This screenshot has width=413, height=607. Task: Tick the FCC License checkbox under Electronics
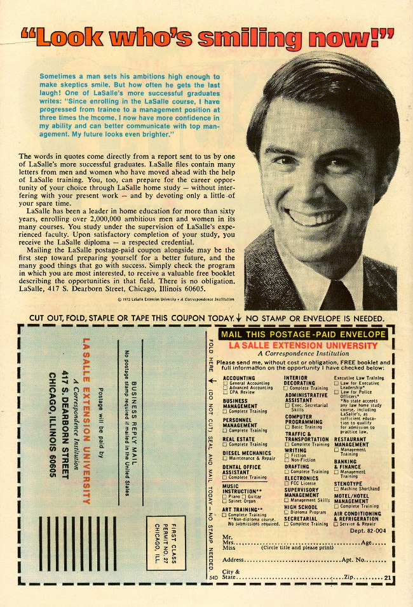coord(287,484)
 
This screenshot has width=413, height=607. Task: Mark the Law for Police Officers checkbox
coord(336,392)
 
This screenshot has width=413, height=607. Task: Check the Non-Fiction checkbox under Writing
coord(287,460)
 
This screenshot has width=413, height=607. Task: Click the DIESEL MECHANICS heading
coord(247,453)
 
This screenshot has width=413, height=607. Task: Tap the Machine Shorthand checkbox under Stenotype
coord(336,489)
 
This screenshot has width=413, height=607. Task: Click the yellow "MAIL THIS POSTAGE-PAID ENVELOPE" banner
coord(302,335)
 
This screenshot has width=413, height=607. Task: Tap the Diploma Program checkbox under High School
coord(287,512)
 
